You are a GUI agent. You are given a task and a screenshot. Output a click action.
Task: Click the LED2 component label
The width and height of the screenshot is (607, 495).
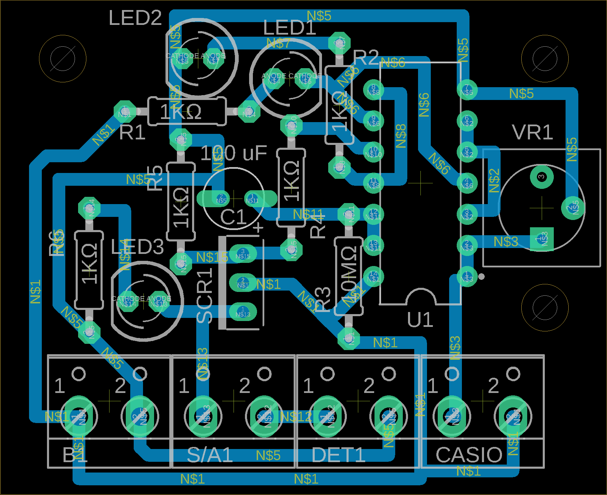pyautogui.click(x=135, y=18)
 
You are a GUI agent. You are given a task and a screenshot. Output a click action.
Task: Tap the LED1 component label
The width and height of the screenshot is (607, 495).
pyautogui.click(x=290, y=28)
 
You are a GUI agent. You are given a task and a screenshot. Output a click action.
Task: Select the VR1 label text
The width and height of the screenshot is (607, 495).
pyautogui.click(x=532, y=132)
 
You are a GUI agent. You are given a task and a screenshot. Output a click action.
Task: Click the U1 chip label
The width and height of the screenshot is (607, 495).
pyautogui.click(x=420, y=320)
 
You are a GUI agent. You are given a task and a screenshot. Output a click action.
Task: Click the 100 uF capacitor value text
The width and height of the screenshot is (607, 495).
pyautogui.click(x=234, y=153)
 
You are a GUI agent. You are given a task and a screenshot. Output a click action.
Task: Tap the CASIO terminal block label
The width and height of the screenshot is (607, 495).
pyautogui.click(x=469, y=455)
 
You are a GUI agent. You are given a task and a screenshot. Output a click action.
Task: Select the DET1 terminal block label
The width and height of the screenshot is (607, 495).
pyautogui.click(x=338, y=455)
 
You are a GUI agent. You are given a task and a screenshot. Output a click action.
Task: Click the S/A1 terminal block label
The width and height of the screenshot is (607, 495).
pyautogui.click(x=210, y=455)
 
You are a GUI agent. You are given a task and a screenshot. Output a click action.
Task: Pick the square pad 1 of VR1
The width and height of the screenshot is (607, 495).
pyautogui.click(x=542, y=239)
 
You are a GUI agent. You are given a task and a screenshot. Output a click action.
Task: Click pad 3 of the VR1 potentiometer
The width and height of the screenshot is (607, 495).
pyautogui.click(x=542, y=177)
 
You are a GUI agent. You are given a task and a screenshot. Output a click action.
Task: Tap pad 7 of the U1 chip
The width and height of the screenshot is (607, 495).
pyautogui.click(x=467, y=90)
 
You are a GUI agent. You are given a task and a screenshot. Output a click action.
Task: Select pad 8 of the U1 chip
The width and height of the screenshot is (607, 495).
pyautogui.click(x=373, y=90)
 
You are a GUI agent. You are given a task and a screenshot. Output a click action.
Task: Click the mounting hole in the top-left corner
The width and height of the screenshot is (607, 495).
pyautogui.click(x=63, y=58)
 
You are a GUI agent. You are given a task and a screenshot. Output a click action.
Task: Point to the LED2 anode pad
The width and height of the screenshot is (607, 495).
pyautogui.click(x=213, y=59)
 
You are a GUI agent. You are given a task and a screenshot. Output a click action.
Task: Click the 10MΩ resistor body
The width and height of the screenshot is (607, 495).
pyautogui.click(x=349, y=276)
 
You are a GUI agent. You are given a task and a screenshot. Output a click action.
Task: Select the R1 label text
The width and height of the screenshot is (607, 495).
pyautogui.click(x=132, y=133)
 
